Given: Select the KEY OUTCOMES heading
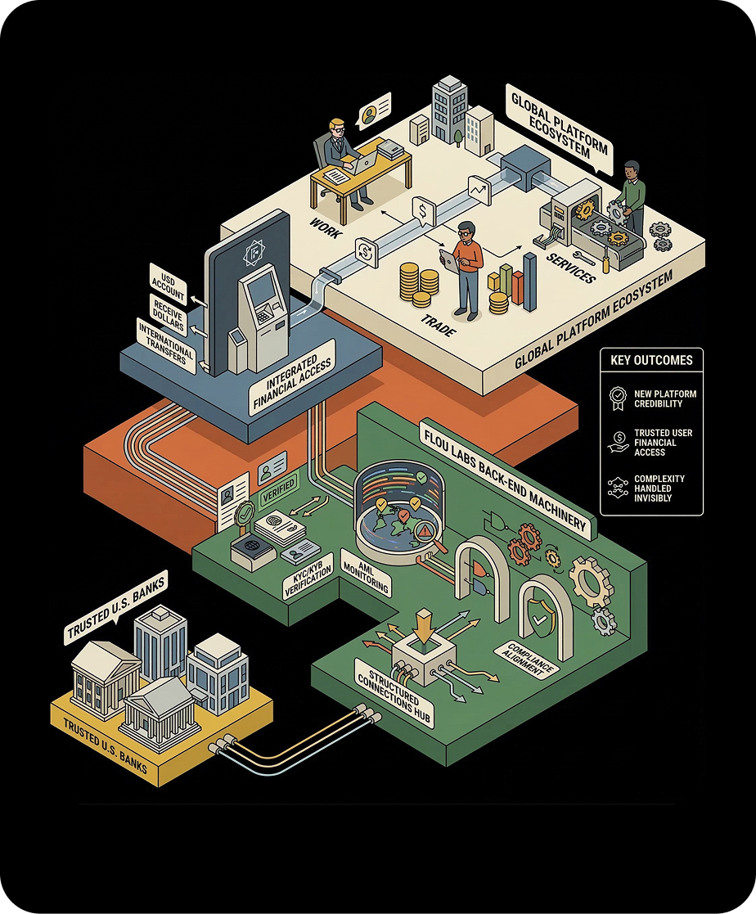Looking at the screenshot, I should pyautogui.click(x=651, y=359).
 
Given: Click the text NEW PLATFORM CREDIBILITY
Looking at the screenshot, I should pyautogui.click(x=665, y=398).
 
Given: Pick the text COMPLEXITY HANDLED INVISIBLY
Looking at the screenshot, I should pyautogui.click(x=659, y=488).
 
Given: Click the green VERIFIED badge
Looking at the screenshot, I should pyautogui.click(x=277, y=494).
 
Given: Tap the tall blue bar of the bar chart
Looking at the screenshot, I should pyautogui.click(x=529, y=281).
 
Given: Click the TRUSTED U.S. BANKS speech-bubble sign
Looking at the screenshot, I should pyautogui.click(x=116, y=598).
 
